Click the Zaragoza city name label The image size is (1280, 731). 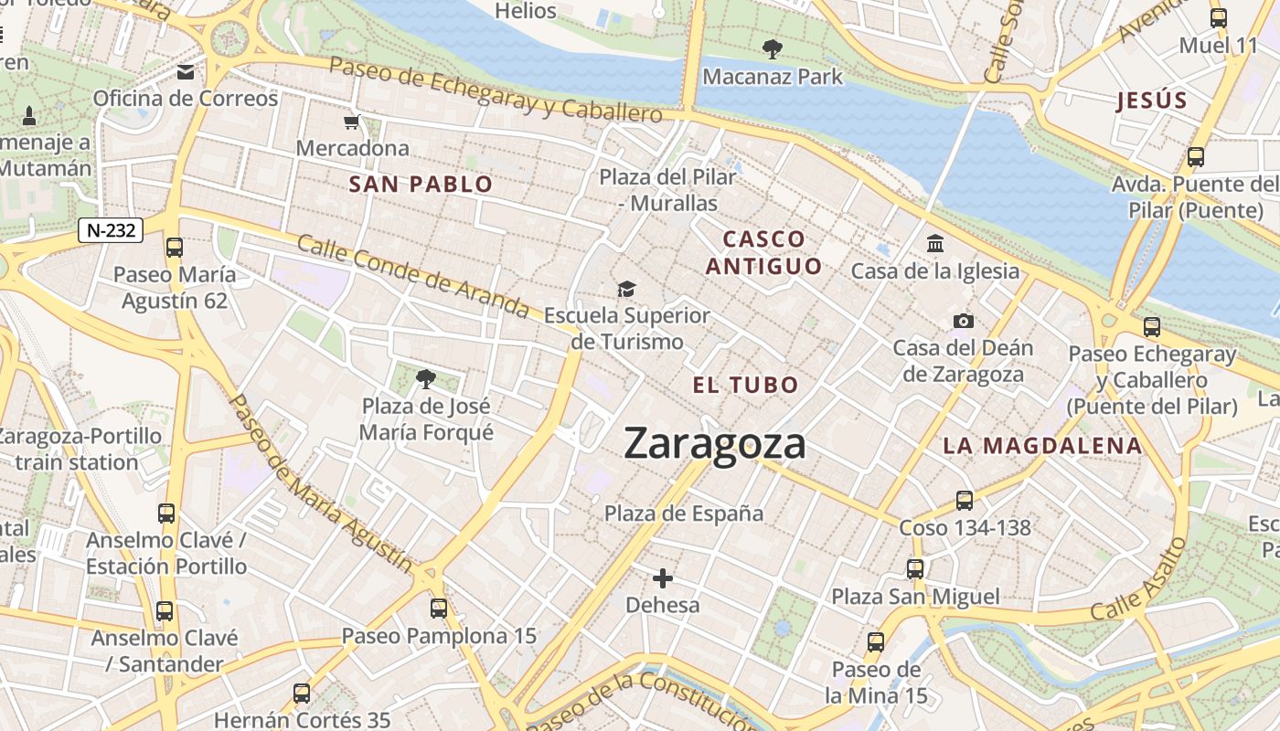(715, 444)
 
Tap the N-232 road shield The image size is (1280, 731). (111, 230)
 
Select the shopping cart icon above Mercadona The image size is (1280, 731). (351, 122)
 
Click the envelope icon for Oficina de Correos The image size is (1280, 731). (186, 72)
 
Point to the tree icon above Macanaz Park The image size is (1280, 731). (773, 49)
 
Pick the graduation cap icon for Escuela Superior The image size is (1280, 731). (626, 290)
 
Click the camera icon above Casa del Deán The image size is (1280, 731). (963, 321)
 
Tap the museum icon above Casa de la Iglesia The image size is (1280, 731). (935, 244)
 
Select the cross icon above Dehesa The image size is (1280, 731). (663, 578)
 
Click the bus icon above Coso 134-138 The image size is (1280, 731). (965, 501)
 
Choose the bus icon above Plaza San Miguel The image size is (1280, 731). (915, 569)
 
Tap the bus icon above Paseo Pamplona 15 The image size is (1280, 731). (439, 609)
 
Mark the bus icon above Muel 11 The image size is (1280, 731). (1218, 17)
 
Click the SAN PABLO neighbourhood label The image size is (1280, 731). (421, 185)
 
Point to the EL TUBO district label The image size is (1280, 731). (745, 385)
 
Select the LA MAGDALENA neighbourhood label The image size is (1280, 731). (1042, 446)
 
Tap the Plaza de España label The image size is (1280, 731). (684, 514)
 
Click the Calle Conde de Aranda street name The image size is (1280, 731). (412, 277)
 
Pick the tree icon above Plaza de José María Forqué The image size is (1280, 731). (425, 378)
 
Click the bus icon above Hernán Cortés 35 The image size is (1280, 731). (302, 694)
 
